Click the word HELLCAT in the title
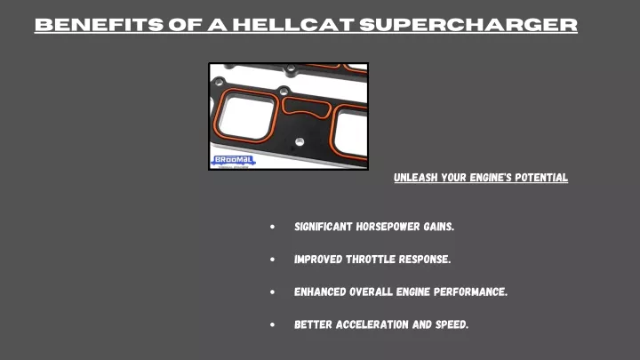pyautogui.click(x=293, y=25)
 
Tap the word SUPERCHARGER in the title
pyautogui.click(x=468, y=25)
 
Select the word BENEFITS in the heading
pyautogui.click(x=100, y=25)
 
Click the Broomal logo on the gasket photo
pyautogui.click(x=233, y=160)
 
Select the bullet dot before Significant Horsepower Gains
pyautogui.click(x=272, y=227)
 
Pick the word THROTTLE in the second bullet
pyautogui.click(x=371, y=260)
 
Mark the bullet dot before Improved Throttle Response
pyautogui.click(x=272, y=260)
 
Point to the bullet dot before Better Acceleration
pyautogui.click(x=272, y=324)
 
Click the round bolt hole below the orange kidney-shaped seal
pyautogui.click(x=300, y=141)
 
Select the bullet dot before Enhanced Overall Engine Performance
pyautogui.click(x=272, y=292)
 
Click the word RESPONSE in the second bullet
pyautogui.click(x=425, y=260)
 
